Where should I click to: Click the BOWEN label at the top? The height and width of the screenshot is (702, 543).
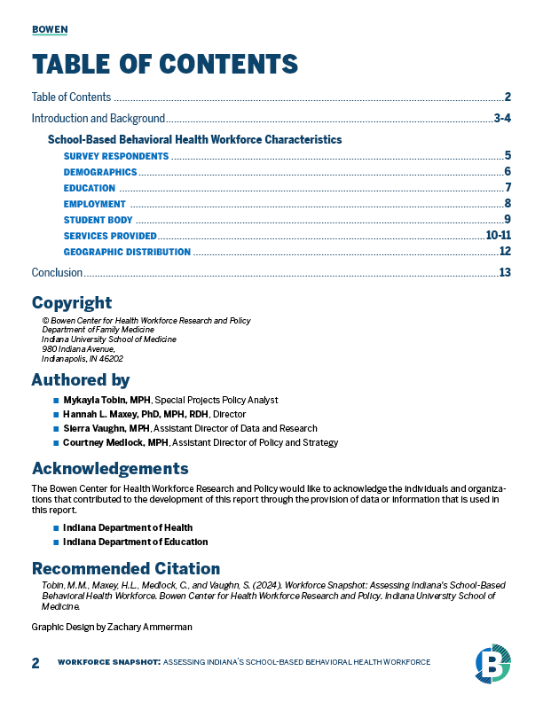(50, 29)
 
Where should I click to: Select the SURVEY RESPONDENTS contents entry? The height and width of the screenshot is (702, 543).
(115, 156)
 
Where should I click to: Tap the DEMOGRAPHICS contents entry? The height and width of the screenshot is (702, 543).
(100, 172)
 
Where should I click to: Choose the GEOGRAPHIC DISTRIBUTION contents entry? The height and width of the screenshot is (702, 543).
(127, 252)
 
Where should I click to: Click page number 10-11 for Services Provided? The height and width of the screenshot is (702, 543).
(499, 235)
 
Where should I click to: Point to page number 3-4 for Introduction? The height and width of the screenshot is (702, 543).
(502, 118)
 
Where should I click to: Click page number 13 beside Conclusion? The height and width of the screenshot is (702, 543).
(506, 272)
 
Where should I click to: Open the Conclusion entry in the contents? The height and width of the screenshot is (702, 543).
(57, 273)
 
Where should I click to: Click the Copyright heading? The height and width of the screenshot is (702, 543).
(72, 302)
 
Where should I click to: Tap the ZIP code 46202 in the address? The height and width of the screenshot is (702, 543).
(111, 359)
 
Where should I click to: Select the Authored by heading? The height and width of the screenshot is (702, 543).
(81, 380)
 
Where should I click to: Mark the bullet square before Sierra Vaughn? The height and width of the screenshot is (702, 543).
(56, 428)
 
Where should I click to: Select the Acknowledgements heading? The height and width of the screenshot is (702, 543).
(110, 468)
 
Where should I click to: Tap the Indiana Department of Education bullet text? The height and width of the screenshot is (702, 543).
(135, 542)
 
